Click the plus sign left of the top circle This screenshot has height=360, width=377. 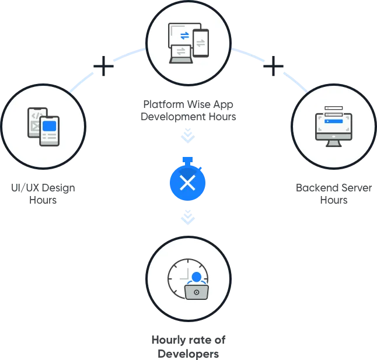coord(103,66)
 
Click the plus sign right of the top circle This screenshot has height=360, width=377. coord(273,66)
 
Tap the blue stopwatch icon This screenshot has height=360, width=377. coord(187,179)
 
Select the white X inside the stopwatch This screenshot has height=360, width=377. coord(187,183)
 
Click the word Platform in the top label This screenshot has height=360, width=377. coord(164,104)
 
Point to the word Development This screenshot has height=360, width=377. coord(173,117)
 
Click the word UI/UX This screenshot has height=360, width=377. coord(25,188)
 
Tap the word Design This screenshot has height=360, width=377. coord(58,188)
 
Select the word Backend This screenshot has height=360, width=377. coord(317,188)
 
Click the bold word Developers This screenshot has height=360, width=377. coord(188,354)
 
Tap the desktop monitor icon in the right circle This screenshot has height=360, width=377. coord(333,127)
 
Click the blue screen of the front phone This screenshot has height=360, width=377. coord(49,126)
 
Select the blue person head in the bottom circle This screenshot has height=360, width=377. coord(197,277)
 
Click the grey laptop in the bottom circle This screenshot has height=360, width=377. coord(197,292)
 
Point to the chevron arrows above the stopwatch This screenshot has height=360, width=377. coord(188,135)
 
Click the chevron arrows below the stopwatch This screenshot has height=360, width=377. coord(188,217)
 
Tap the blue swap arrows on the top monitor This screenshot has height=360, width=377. coord(184,36)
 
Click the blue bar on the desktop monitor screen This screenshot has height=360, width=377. coord(333,121)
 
